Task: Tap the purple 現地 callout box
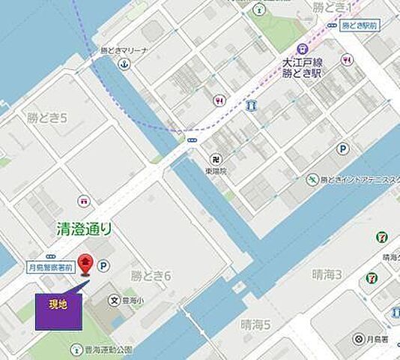[58, 307]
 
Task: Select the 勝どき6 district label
[151, 276]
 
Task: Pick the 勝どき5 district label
[48, 118]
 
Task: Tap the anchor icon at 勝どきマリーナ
[125, 65]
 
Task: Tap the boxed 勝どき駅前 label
[360, 25]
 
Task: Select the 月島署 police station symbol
[357, 339]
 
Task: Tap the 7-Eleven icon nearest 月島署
[372, 277]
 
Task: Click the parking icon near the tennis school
[342, 148]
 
